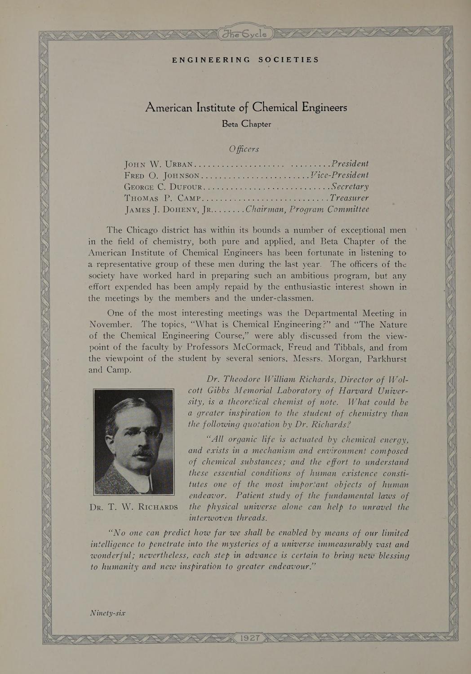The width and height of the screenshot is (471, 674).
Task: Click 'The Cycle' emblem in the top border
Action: [245, 34]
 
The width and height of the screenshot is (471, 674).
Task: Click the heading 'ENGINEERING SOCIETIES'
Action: [245, 60]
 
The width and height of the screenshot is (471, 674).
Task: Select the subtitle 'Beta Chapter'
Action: [246, 124]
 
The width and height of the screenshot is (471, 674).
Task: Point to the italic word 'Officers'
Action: [244, 149]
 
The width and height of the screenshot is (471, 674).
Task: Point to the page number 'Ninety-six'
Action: [107, 613]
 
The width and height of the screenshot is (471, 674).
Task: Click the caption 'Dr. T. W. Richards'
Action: [134, 507]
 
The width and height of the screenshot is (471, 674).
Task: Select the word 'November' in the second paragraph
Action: [111, 324]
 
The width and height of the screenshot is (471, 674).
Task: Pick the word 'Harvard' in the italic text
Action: [353, 391]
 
